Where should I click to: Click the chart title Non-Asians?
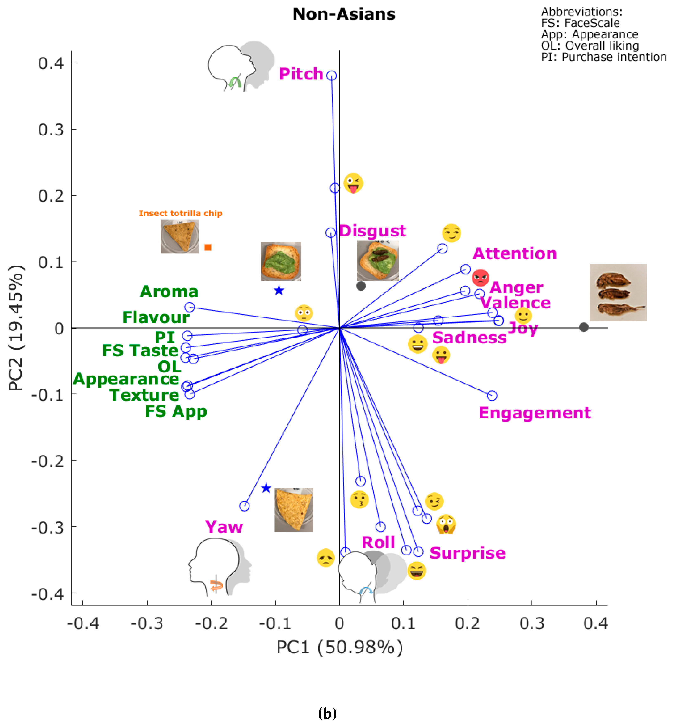(344, 14)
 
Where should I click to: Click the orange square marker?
(208, 247)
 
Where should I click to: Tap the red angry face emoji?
(480, 278)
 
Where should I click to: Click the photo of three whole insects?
(618, 292)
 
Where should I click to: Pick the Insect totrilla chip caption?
(180, 213)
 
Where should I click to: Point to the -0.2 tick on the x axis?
(212, 623)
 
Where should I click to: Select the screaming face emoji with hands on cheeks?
(446, 524)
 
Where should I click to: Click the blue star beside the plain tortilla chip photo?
(266, 488)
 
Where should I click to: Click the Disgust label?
(372, 231)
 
